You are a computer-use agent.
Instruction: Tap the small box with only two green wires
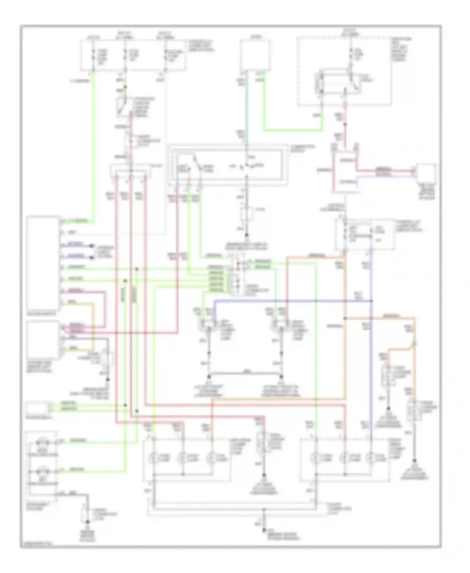37,408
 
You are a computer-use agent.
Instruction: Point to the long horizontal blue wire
291,301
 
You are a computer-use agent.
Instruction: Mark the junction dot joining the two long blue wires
371,301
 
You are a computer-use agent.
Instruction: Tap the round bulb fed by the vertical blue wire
371,459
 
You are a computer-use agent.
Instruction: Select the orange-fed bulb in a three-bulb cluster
212,459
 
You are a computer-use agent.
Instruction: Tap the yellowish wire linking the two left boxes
93,326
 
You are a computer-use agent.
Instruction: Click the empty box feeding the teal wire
255,55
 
